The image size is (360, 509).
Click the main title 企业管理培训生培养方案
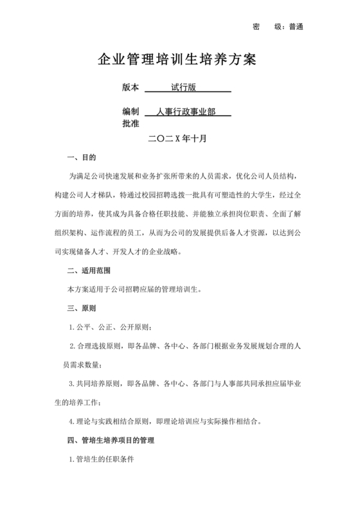[176, 60]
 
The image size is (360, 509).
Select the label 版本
[130, 87]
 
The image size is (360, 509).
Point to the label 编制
[130, 112]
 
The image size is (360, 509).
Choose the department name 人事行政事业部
[185, 112]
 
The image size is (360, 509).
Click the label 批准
[130, 123]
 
